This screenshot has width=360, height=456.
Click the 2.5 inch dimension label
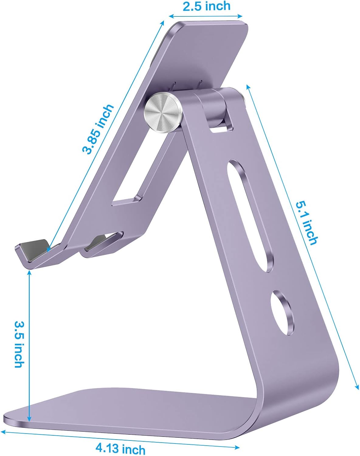point(206,6)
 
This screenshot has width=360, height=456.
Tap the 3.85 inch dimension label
point(98,129)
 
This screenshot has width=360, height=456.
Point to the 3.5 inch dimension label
point(19,343)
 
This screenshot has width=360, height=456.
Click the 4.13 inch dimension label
point(120,448)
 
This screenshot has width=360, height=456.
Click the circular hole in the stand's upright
point(283,313)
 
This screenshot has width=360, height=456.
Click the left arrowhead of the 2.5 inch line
point(171,16)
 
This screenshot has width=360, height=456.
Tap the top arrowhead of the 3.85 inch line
point(163,22)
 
